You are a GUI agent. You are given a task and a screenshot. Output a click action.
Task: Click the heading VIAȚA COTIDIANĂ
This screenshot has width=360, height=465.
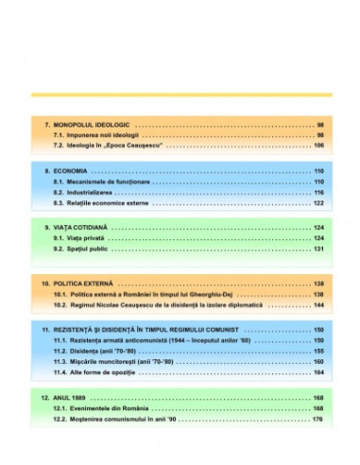click(x=85, y=228)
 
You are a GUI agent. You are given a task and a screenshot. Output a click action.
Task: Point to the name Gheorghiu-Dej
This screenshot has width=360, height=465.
click(x=225, y=295)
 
